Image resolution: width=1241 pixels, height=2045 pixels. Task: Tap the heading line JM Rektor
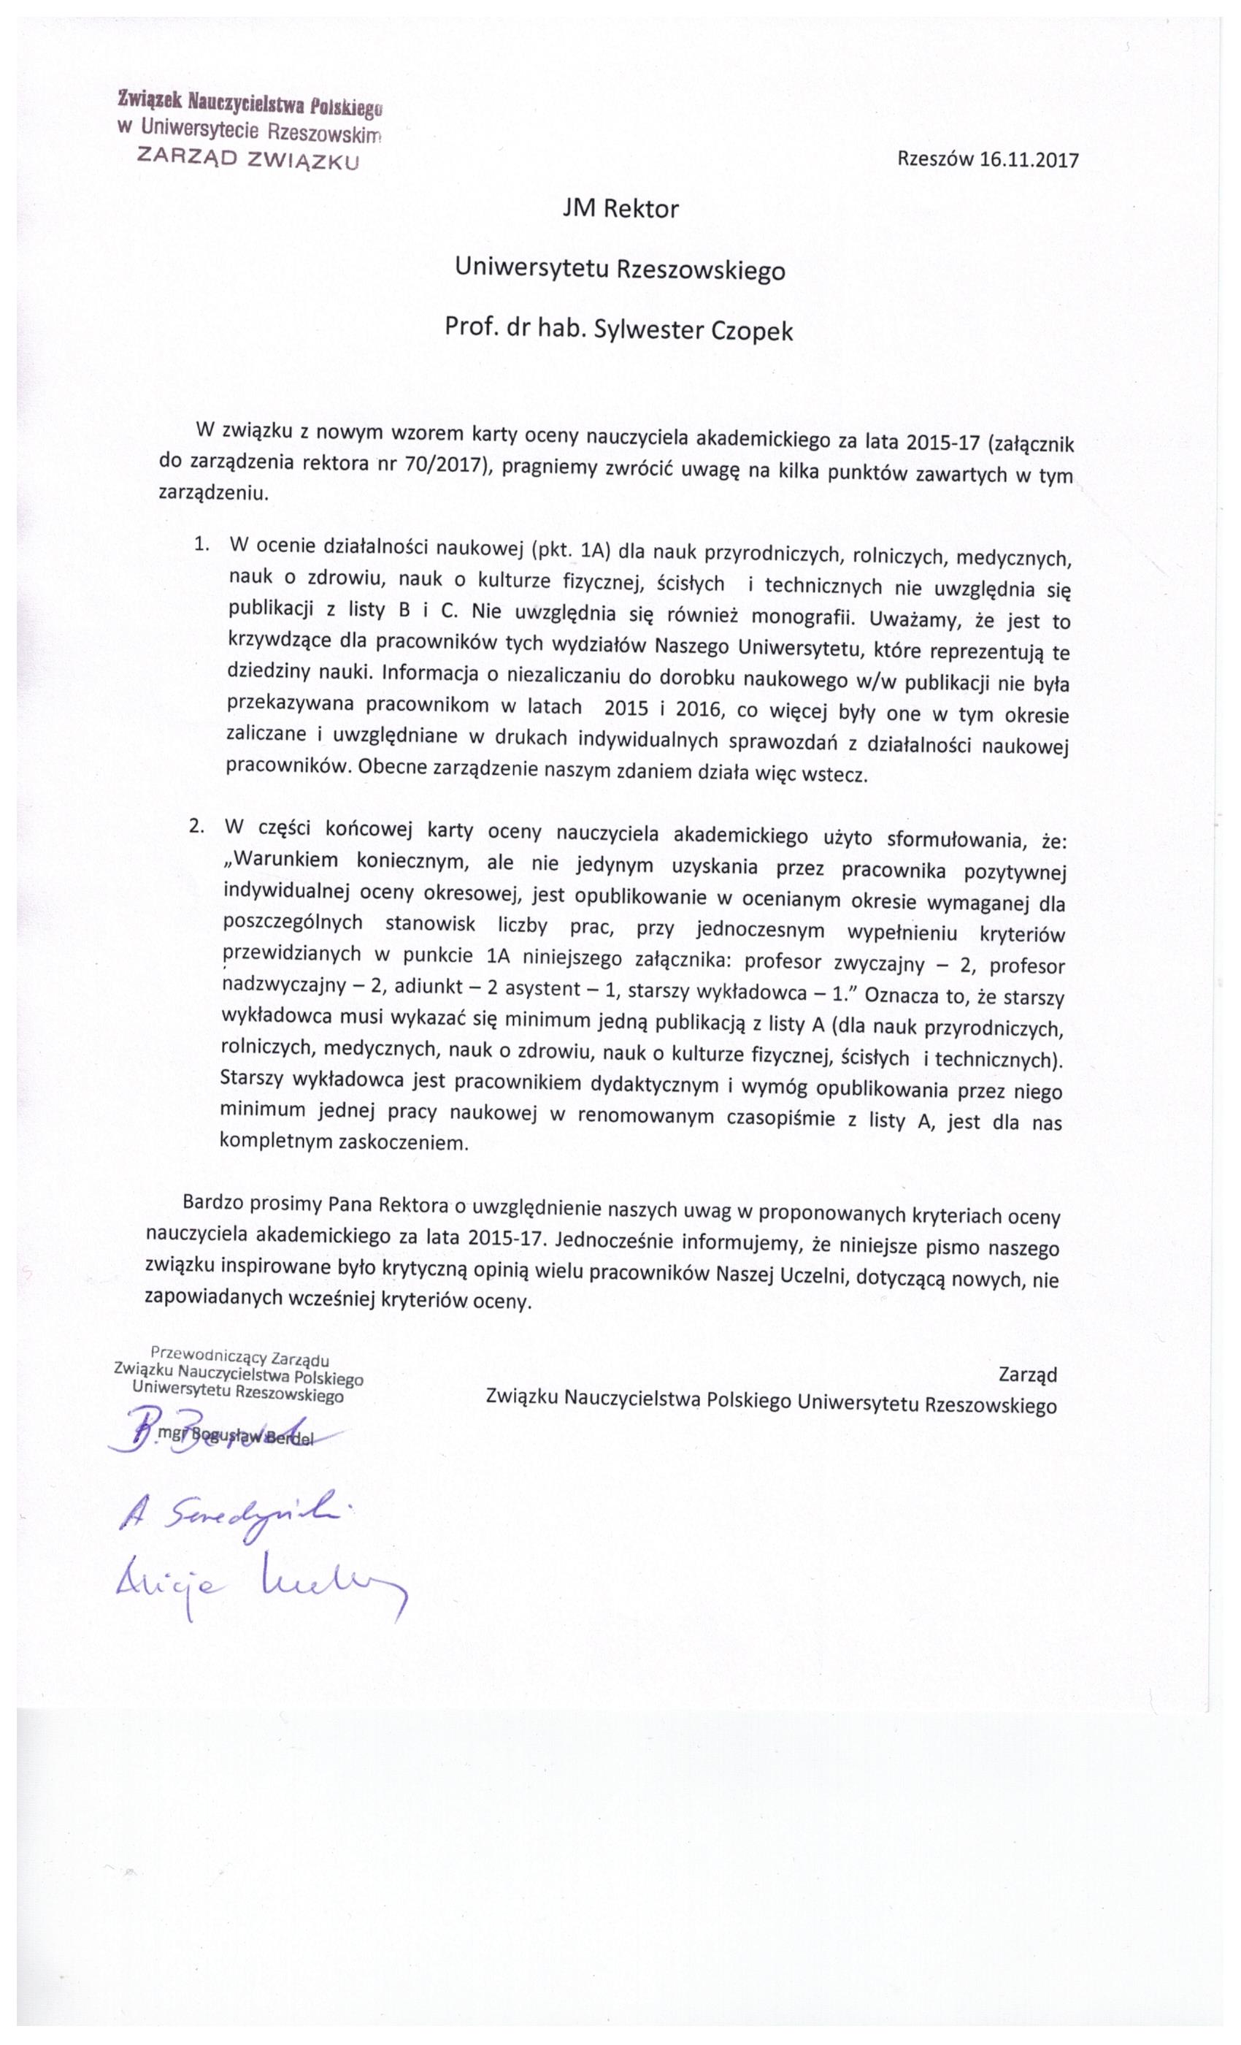click(620, 208)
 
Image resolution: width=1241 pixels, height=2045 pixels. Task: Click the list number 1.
click(200, 543)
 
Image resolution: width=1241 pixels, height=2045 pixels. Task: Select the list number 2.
click(196, 827)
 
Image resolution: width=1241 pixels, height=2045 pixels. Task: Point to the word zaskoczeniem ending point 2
click(403, 1143)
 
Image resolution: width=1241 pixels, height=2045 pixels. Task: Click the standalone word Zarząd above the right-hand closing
click(1028, 1375)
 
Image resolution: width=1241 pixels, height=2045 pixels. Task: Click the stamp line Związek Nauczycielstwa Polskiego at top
click(249, 103)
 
